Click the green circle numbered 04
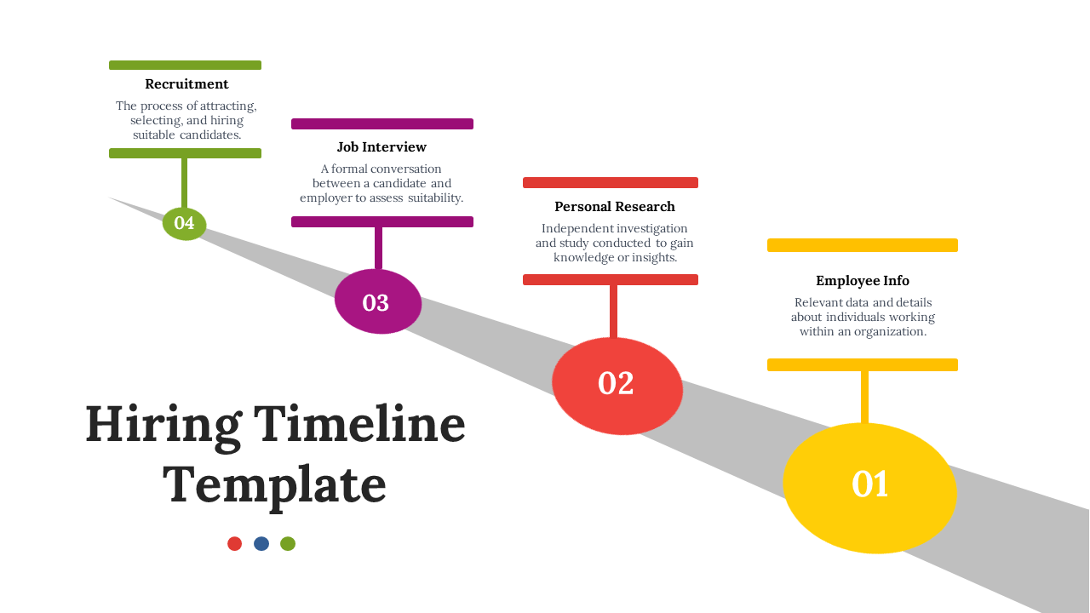[x=185, y=223]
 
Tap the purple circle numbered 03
[x=378, y=302]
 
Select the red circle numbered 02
[x=617, y=385]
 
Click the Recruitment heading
[x=186, y=84]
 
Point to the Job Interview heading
[x=381, y=147]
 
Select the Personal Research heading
[x=614, y=207]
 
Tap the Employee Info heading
[x=863, y=281]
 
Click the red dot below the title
[x=235, y=543]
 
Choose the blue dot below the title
[x=261, y=543]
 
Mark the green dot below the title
[x=288, y=543]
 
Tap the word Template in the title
[x=274, y=485]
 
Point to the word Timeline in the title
[x=359, y=424]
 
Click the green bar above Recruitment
[x=185, y=66]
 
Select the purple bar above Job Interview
[x=381, y=124]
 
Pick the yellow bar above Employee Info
[x=862, y=245]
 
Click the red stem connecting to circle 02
[x=613, y=311]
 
